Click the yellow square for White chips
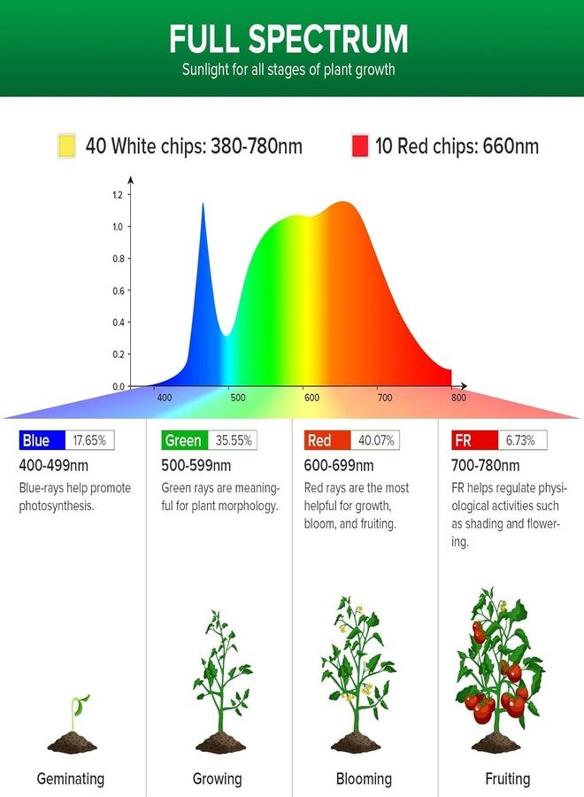67,145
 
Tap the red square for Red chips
360,145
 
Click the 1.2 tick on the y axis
118,195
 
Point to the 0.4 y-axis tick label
118,322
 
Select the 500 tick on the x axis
238,398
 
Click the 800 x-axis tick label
458,398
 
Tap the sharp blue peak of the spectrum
204,205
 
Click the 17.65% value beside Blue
89,440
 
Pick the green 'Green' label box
184,440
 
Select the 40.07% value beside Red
376,440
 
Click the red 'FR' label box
474,440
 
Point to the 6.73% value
520,440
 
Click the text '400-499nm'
53,465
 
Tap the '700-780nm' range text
486,465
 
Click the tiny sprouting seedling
79,713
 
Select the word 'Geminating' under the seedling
71,778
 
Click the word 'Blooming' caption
364,778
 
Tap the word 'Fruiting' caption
507,778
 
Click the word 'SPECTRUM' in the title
328,39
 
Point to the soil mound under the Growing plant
221,743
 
